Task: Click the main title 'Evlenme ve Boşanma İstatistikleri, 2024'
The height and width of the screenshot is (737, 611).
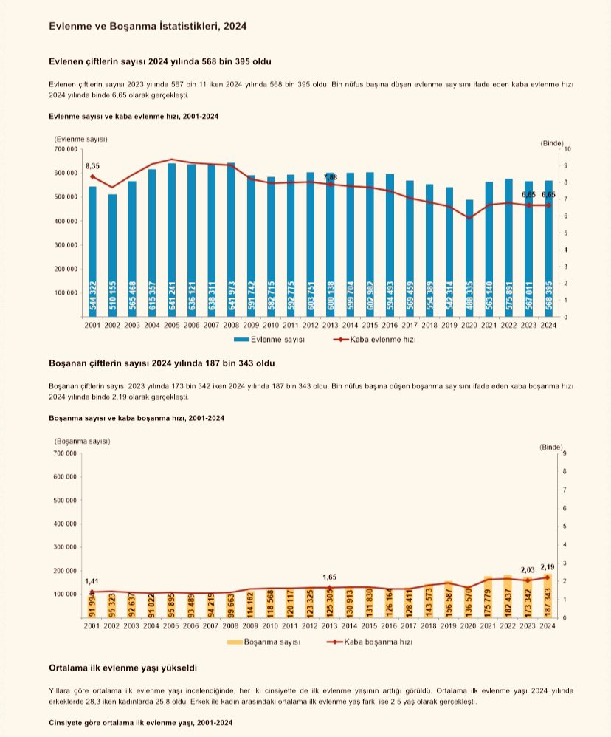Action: (x=147, y=26)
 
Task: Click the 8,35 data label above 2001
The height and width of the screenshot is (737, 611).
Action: (x=92, y=165)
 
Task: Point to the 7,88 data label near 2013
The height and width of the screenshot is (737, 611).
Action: (x=330, y=177)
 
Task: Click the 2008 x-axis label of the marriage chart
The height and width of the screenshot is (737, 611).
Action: (x=231, y=325)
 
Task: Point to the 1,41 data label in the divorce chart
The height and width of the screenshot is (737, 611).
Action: (x=92, y=581)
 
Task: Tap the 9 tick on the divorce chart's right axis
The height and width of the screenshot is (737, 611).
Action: (x=565, y=453)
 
